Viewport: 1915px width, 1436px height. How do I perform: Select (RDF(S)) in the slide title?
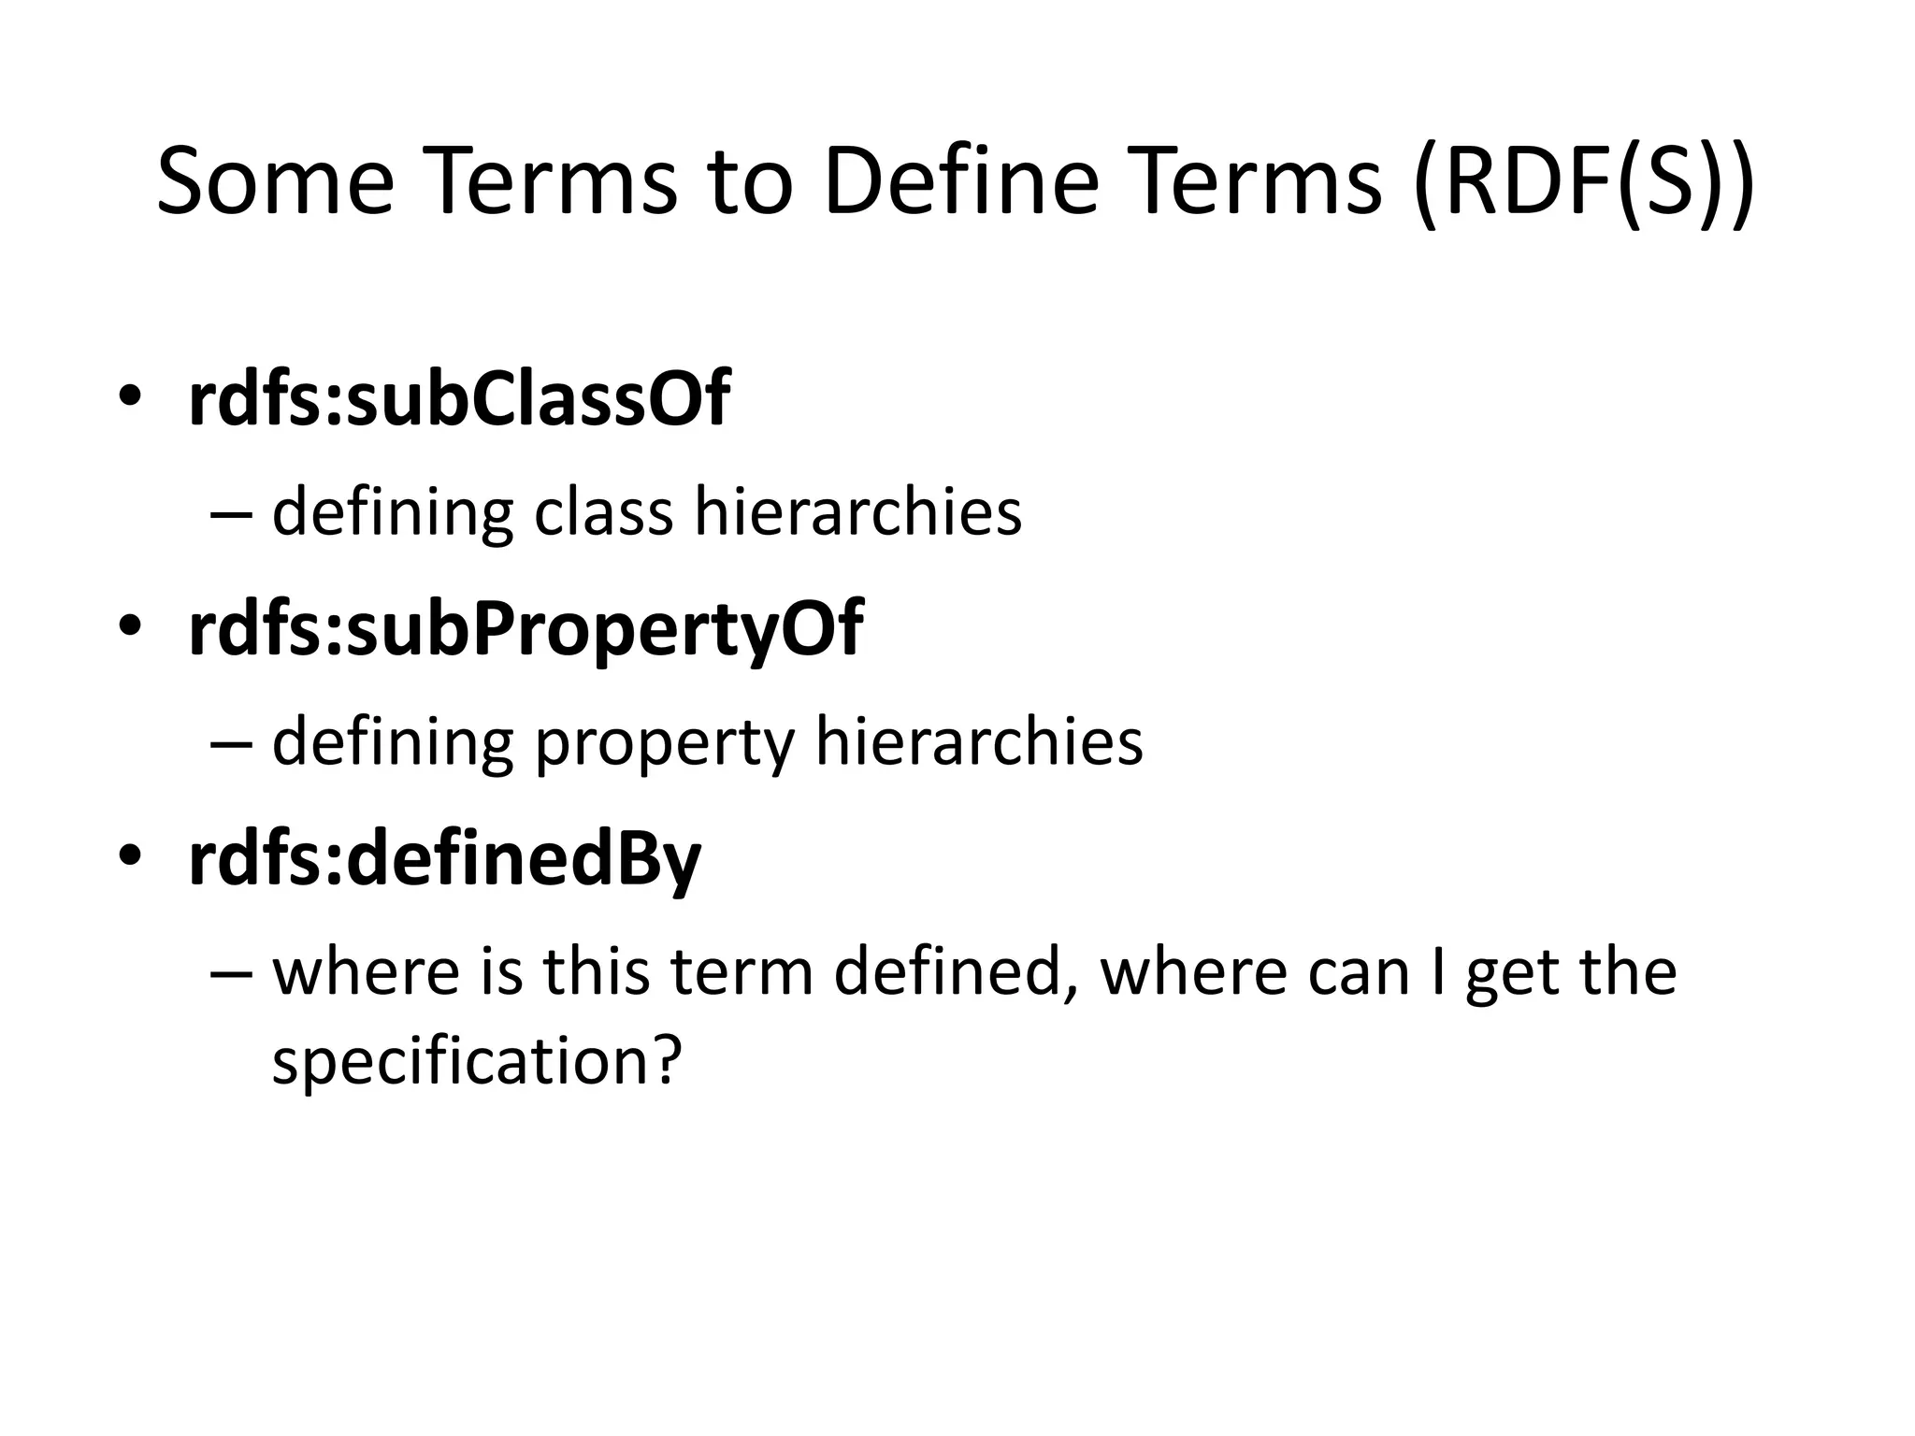click(1586, 183)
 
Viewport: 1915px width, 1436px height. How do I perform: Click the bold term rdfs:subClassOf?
click(458, 399)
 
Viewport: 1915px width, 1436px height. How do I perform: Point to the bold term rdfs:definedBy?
click(444, 859)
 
